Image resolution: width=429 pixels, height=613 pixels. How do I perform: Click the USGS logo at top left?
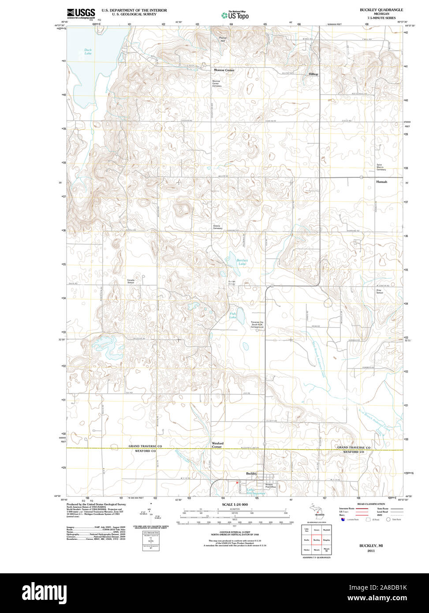81,13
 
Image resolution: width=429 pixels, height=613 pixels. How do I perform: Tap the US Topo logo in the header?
235,15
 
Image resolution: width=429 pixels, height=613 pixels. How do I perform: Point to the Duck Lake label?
88,52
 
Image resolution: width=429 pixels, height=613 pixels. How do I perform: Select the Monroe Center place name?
224,70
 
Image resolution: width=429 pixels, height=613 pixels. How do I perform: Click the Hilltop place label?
313,74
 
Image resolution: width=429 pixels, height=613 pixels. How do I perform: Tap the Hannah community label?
381,182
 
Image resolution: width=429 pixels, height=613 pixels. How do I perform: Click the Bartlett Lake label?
242,262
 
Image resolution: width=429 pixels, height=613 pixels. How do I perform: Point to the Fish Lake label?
232,315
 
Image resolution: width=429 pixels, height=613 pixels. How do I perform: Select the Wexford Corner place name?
217,445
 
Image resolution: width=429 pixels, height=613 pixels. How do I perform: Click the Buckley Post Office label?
269,486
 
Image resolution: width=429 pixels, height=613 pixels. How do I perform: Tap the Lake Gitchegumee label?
250,490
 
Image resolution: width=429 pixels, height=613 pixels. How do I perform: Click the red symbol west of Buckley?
237,483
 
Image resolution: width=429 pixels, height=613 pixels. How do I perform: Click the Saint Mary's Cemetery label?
381,168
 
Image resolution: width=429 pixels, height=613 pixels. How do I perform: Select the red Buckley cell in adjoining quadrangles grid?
316,539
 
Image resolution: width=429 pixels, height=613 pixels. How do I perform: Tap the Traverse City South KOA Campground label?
257,325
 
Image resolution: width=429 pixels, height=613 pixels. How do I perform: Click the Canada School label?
131,281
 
